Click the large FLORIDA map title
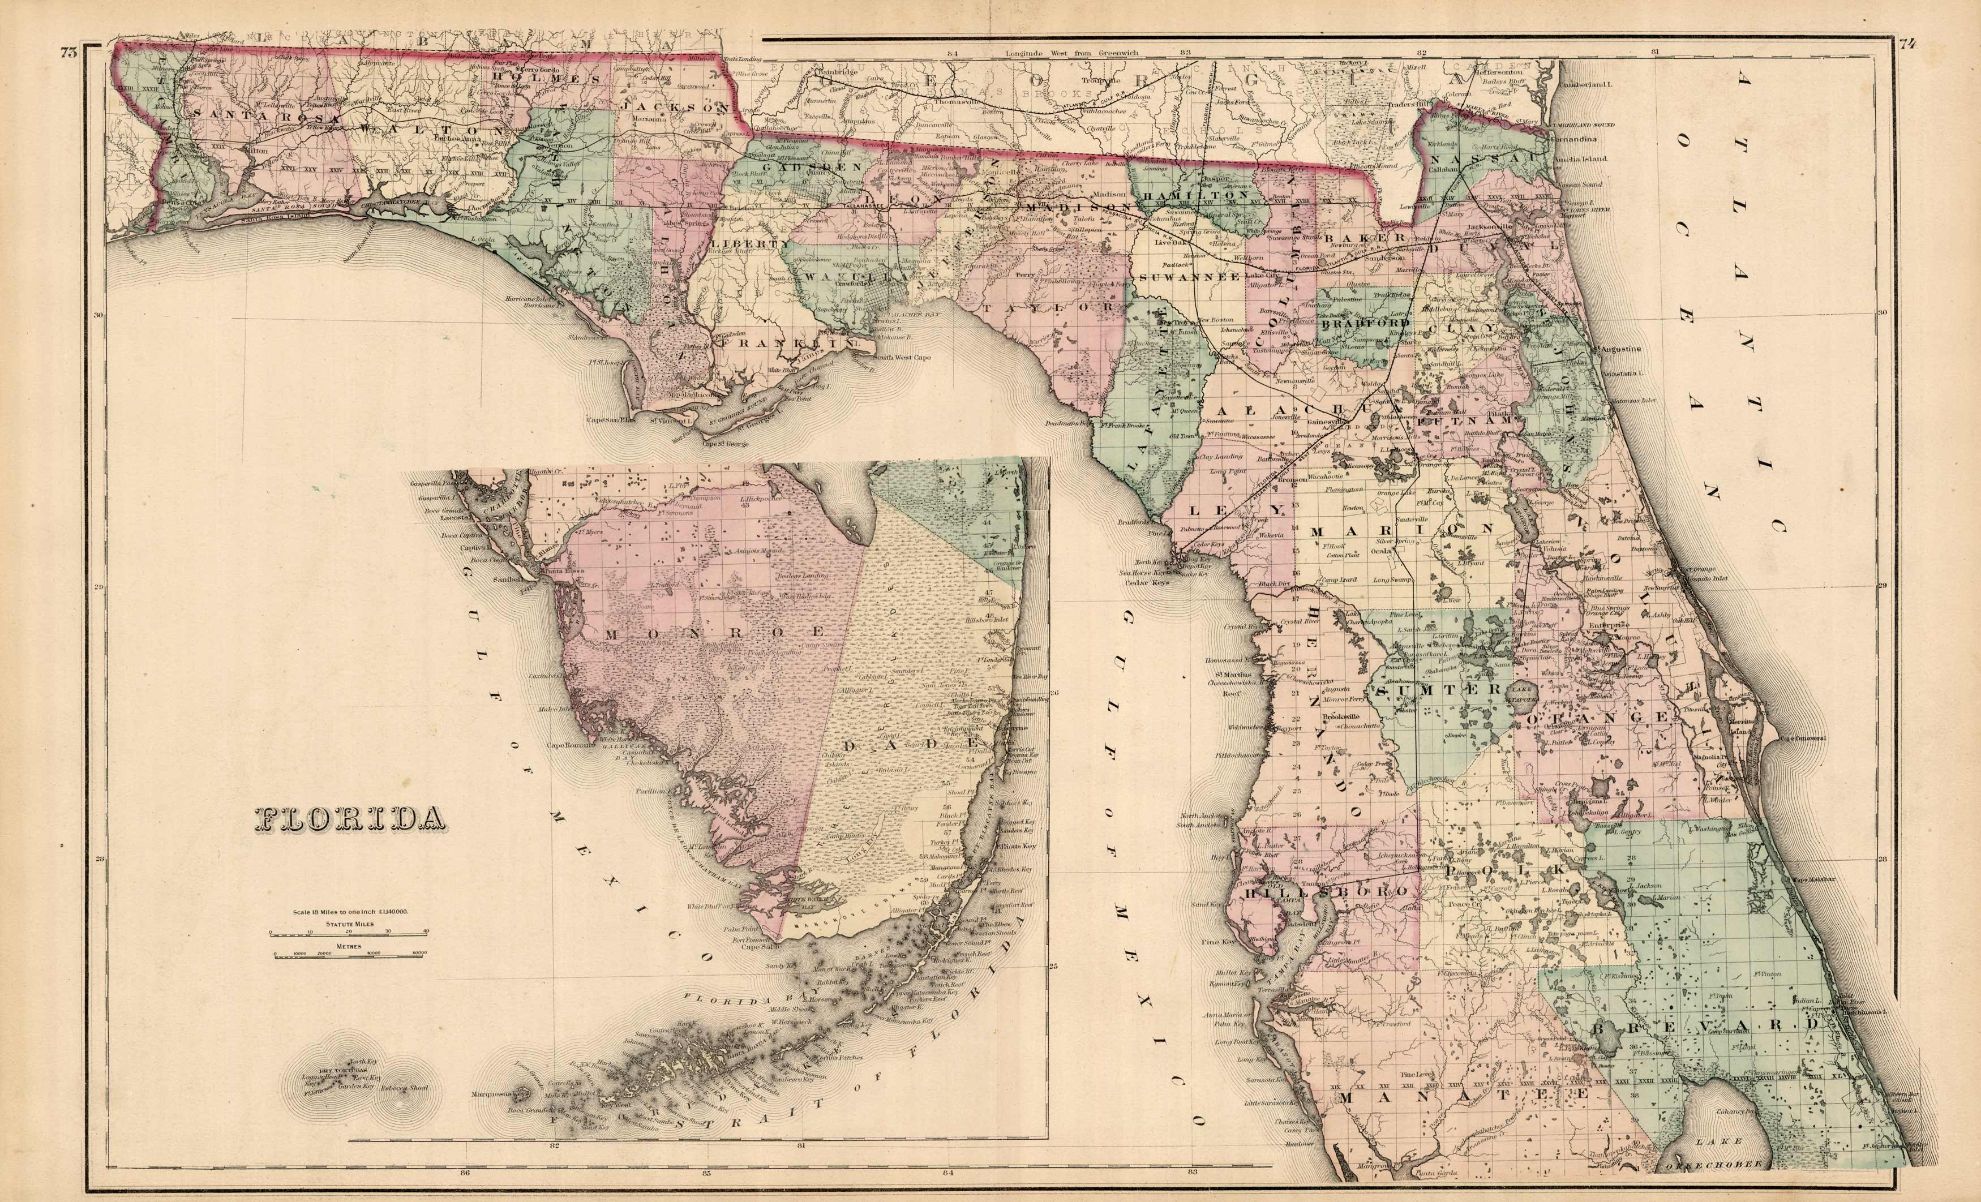[350, 818]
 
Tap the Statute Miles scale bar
[350, 933]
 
